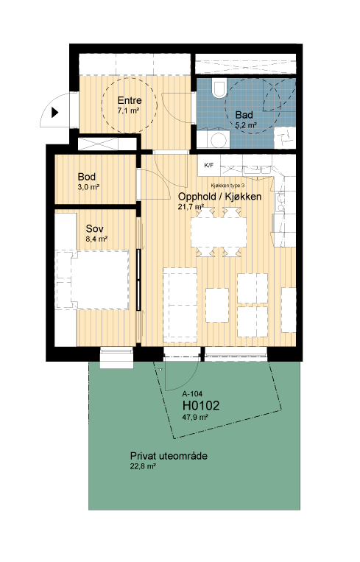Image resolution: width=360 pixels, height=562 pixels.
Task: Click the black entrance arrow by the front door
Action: click(x=54, y=113)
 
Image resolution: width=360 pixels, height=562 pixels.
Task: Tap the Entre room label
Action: click(x=130, y=100)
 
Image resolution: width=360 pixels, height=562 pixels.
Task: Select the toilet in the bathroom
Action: click(x=219, y=88)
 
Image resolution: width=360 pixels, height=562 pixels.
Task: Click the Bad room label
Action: click(x=244, y=115)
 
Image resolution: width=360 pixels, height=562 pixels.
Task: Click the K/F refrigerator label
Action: click(x=208, y=165)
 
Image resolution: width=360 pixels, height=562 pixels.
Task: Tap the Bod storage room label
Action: click(x=87, y=177)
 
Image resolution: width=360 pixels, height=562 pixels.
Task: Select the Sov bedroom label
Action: click(x=94, y=228)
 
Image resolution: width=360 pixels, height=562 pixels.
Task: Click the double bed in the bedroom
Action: click(x=93, y=280)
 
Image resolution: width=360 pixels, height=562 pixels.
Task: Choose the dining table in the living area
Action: click(x=219, y=232)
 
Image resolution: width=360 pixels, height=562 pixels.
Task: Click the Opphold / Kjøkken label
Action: click(x=219, y=197)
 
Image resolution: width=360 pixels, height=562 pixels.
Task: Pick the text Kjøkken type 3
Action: click(x=227, y=186)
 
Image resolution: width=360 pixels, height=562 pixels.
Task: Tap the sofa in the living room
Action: click(x=180, y=305)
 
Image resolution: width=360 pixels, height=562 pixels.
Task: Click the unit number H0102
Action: click(x=201, y=405)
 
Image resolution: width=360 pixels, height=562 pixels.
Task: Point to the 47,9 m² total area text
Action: click(x=195, y=417)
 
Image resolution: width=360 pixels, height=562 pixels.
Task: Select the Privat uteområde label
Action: click(x=169, y=456)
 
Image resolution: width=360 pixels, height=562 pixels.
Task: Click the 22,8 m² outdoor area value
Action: click(x=143, y=467)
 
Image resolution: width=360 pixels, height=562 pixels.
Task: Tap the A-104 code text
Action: click(x=192, y=393)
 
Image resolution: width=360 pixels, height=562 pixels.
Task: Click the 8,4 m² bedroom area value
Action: click(x=96, y=239)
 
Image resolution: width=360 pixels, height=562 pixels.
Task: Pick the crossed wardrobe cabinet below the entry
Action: click(x=107, y=144)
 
